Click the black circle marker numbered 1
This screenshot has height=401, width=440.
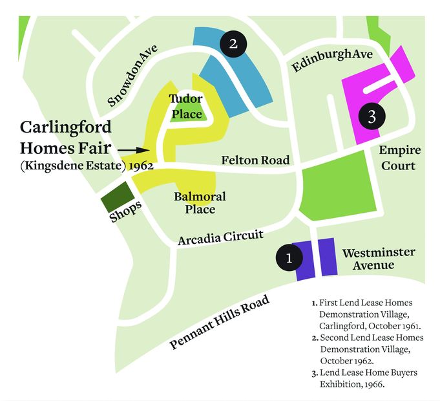pos(289,257)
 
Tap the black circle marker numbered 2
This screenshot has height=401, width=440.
pos(233,44)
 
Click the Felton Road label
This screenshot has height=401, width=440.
pos(255,160)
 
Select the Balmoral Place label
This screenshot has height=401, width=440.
pos(200,202)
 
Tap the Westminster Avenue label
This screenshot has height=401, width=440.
pos(378,259)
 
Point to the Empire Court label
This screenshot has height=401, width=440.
pos(399,158)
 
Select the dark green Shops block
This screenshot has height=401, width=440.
pos(116,197)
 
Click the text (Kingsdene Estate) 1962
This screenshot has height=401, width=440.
pos(86,166)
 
